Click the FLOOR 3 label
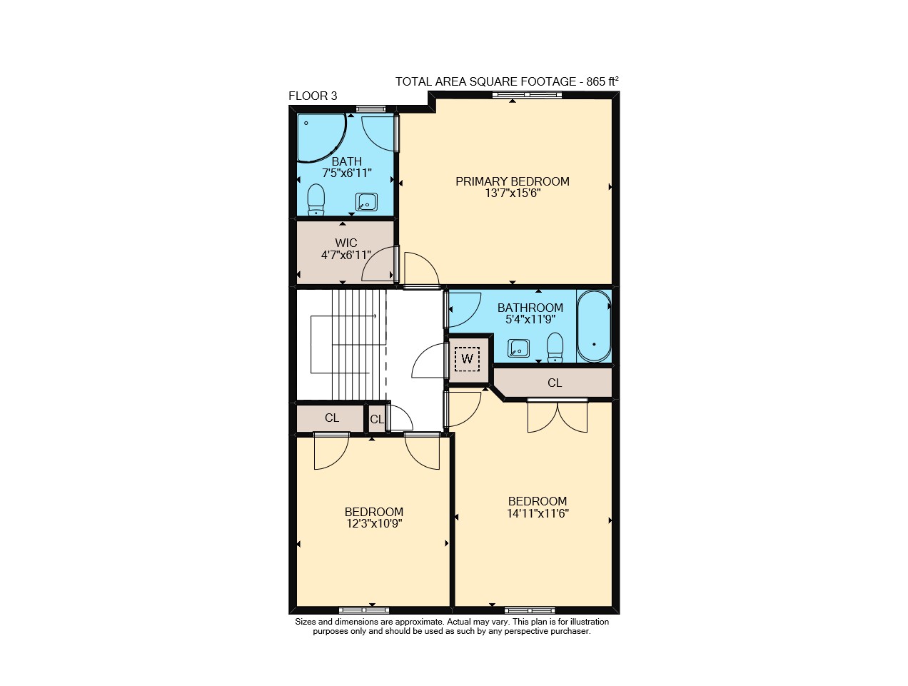click(x=313, y=96)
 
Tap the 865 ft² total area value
click(x=602, y=81)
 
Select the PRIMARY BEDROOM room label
click(x=512, y=181)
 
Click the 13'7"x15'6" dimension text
click(x=513, y=193)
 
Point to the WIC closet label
click(x=345, y=243)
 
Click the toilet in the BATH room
click(x=316, y=199)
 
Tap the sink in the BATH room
click(x=366, y=202)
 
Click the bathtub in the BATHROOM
click(x=594, y=326)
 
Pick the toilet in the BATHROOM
click(x=555, y=348)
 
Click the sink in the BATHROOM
click(x=518, y=348)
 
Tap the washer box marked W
click(x=467, y=358)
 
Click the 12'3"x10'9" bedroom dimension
click(x=374, y=523)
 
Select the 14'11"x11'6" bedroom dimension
click(x=538, y=513)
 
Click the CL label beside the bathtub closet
click(x=555, y=383)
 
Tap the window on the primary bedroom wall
click(x=527, y=95)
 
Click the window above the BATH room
click(x=370, y=109)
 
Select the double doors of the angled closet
click(x=558, y=415)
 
